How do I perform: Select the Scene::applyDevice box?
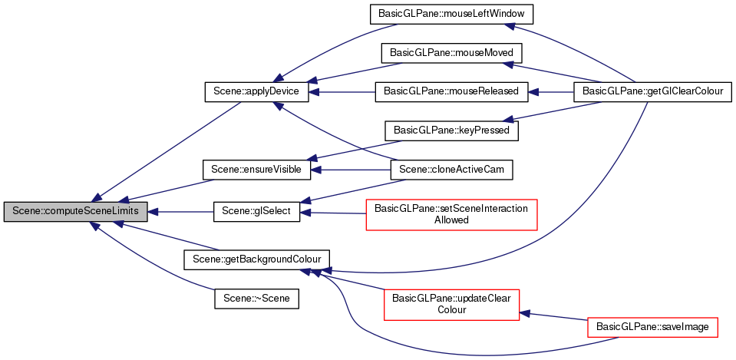point(256,91)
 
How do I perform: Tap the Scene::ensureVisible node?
point(256,167)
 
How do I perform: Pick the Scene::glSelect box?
point(256,211)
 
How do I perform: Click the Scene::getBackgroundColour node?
point(256,259)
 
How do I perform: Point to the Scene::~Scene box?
point(256,298)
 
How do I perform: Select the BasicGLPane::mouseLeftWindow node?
point(451,14)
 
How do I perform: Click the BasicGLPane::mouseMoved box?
point(451,53)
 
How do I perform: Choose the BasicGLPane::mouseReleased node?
point(451,91)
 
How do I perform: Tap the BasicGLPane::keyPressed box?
point(451,130)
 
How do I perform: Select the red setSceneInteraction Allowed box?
point(451,213)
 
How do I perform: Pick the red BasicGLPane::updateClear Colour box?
point(451,304)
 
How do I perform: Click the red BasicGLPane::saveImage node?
point(652,326)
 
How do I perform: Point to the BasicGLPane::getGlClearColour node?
point(652,91)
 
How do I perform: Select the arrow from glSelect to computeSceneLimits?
point(180,212)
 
